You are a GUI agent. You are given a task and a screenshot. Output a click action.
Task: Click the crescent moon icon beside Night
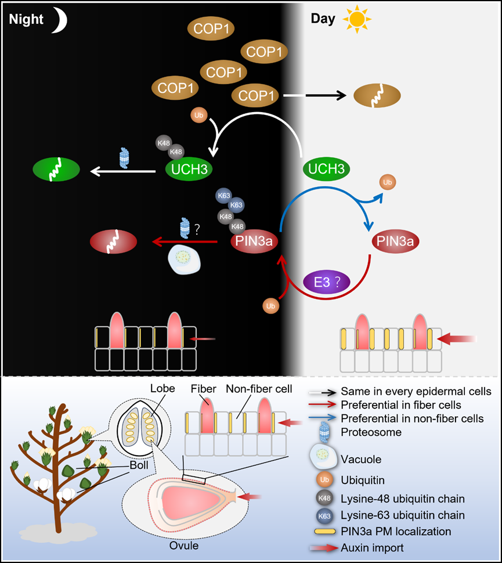point(60,21)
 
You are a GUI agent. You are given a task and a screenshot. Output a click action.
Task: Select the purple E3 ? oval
point(328,283)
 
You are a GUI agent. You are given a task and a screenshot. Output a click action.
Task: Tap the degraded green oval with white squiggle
point(56,171)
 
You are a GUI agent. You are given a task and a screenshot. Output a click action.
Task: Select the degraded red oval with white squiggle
point(114,241)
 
